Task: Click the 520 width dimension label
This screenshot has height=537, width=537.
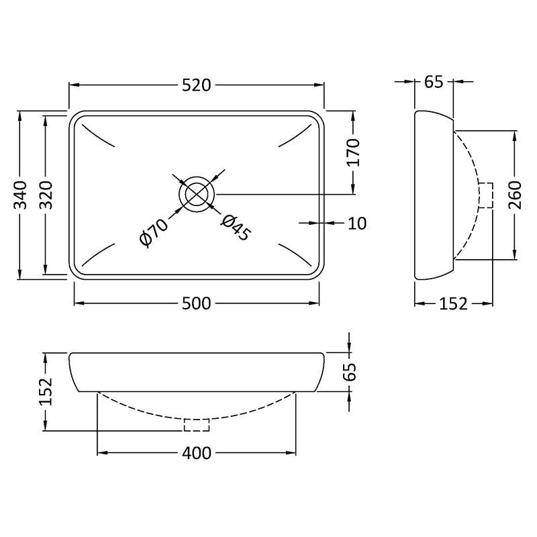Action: click(x=196, y=85)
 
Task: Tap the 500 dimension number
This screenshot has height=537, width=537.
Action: click(x=196, y=303)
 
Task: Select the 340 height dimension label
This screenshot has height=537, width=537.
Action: click(x=20, y=195)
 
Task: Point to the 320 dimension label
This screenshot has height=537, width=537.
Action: click(x=46, y=195)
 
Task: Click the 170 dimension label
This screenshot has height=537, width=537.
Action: click(x=354, y=152)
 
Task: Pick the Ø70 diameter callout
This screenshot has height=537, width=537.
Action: click(x=154, y=232)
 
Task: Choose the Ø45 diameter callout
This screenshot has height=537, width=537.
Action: click(x=236, y=228)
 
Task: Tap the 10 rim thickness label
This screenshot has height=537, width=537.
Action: click(x=357, y=224)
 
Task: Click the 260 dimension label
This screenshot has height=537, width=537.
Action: click(x=515, y=195)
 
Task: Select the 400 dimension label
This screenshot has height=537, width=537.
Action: click(x=197, y=453)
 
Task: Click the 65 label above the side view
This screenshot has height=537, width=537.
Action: click(x=434, y=82)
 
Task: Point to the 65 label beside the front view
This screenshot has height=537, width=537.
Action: click(x=350, y=372)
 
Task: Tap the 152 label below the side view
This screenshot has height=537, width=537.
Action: click(x=453, y=304)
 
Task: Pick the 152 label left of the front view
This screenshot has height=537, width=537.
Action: click(x=46, y=391)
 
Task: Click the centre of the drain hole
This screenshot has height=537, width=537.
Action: click(x=197, y=194)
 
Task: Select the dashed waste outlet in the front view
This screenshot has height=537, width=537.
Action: click(x=197, y=425)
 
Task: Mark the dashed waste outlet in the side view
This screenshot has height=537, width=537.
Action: click(x=486, y=195)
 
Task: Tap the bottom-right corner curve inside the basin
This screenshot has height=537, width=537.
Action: click(x=295, y=255)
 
